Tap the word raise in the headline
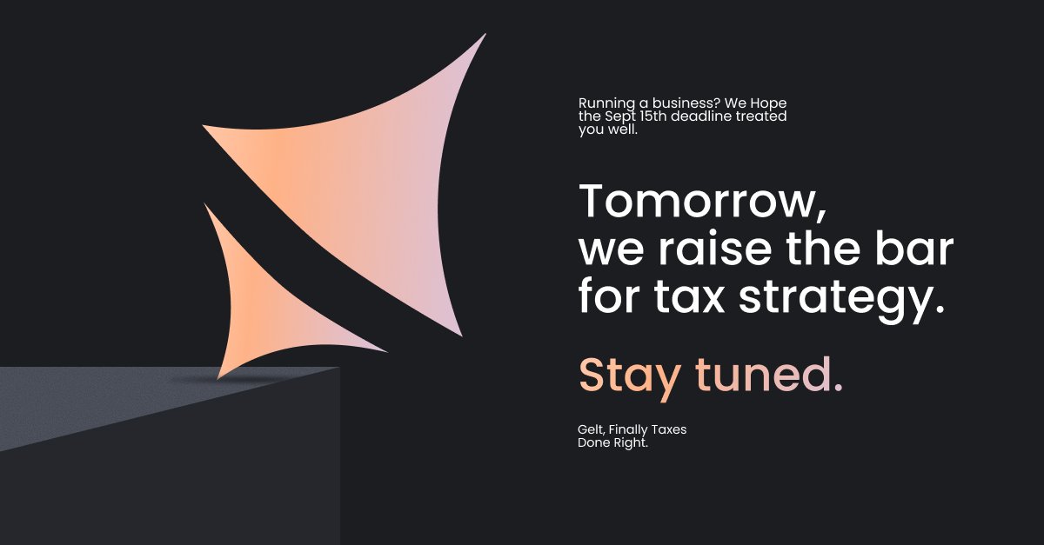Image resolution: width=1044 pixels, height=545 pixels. pyautogui.click(x=703, y=250)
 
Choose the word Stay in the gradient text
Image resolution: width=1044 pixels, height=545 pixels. pyautogui.click(x=630, y=375)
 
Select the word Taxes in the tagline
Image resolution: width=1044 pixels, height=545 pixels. pyautogui.click(x=666, y=430)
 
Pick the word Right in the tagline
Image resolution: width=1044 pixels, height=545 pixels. pyautogui.click(x=632, y=443)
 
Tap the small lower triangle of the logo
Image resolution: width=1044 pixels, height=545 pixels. pyautogui.click(x=261, y=296)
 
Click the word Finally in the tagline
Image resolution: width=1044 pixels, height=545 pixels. pyautogui.click(x=626, y=430)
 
